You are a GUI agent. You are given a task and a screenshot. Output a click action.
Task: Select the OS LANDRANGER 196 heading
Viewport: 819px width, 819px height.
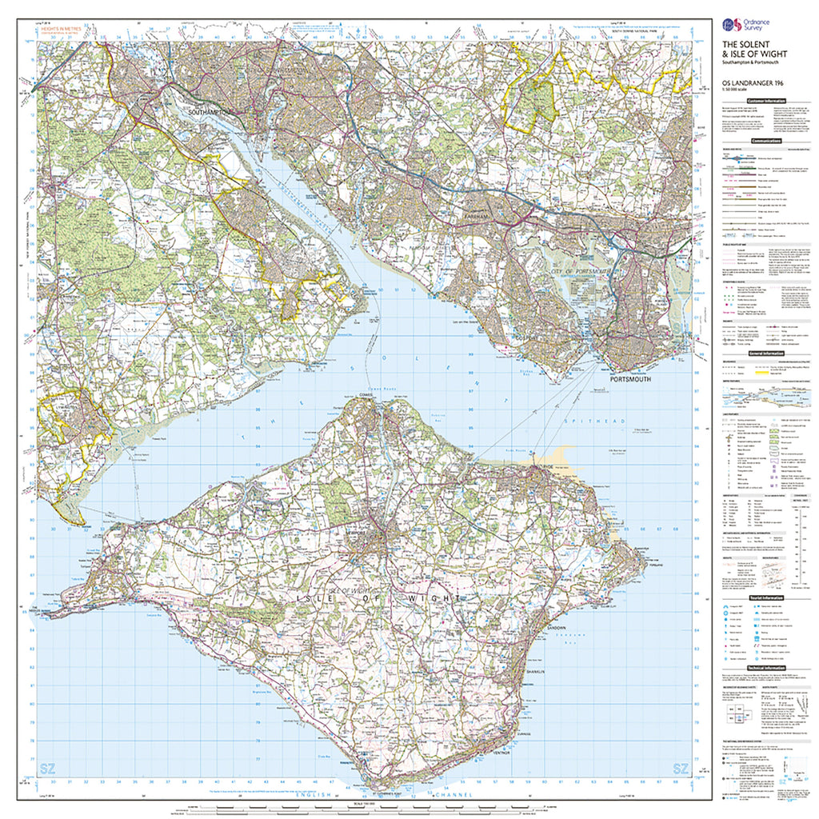749,82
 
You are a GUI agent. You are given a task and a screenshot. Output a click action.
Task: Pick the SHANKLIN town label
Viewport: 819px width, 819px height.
535,672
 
